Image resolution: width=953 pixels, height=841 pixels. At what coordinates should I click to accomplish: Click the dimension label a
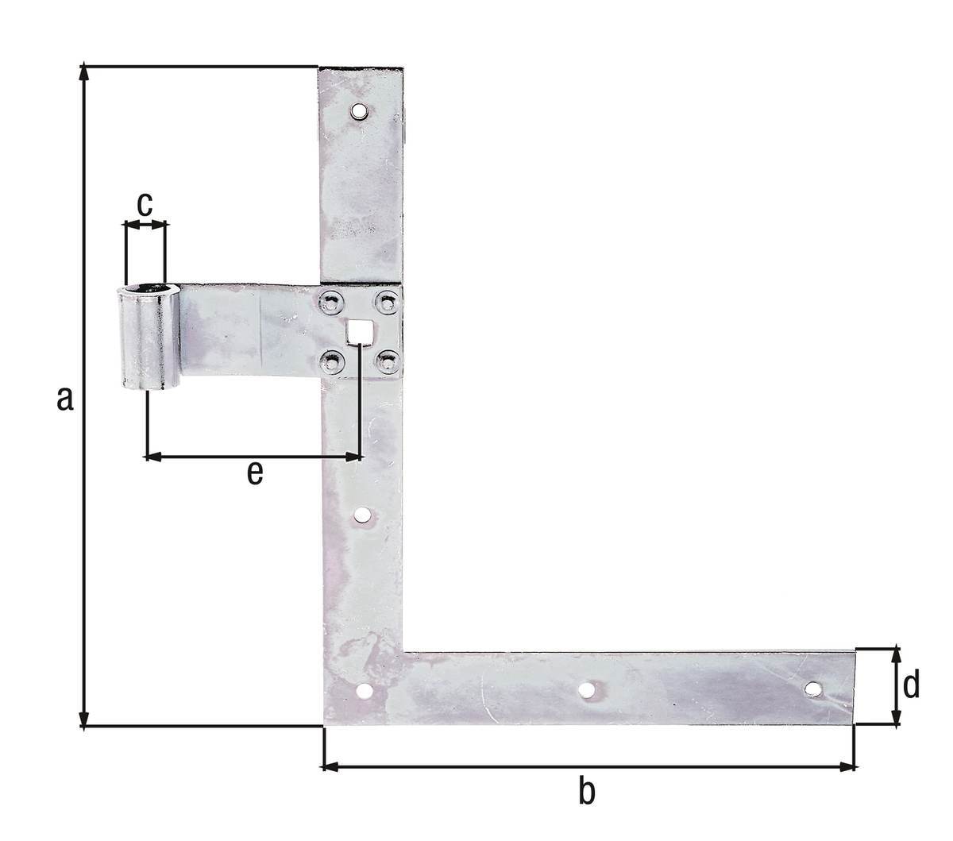[x=65, y=399]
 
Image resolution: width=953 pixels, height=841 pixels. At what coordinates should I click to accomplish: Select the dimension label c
[x=145, y=203]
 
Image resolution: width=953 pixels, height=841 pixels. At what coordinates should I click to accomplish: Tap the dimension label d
[x=911, y=684]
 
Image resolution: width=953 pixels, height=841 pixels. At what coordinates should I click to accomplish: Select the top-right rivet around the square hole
[x=386, y=302]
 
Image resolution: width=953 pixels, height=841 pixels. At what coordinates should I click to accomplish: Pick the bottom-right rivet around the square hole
[x=386, y=362]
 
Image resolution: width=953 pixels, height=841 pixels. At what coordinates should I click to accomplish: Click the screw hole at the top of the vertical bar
[x=360, y=110]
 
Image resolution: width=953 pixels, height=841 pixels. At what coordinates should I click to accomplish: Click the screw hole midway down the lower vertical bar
[x=362, y=516]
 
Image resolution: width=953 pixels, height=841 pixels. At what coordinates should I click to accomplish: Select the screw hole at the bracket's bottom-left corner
[x=365, y=692]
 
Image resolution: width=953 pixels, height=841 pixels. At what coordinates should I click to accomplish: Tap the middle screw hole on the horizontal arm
[x=586, y=690]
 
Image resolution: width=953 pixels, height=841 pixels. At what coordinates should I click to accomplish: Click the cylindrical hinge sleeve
[x=149, y=338]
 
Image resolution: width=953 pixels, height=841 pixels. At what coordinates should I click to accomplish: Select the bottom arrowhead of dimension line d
[x=896, y=719]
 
